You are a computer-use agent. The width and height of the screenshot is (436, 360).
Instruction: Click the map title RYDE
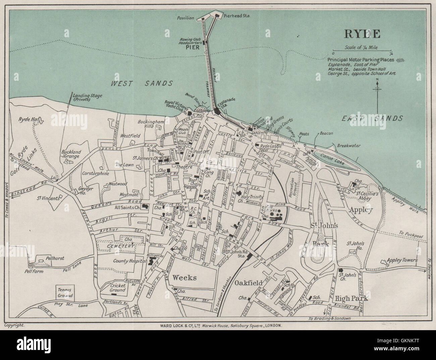pos(362,34)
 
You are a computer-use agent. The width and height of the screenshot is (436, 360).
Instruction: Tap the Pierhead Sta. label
pos(239,16)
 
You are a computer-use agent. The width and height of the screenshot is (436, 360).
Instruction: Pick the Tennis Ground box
pos(65,293)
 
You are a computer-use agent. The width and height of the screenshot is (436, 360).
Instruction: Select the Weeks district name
pos(184,278)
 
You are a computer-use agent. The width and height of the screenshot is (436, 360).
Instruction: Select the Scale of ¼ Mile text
pos(361,48)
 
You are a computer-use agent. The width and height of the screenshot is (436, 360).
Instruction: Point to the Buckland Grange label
pos(71,154)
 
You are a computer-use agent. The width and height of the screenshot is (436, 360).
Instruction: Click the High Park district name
pos(351,298)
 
